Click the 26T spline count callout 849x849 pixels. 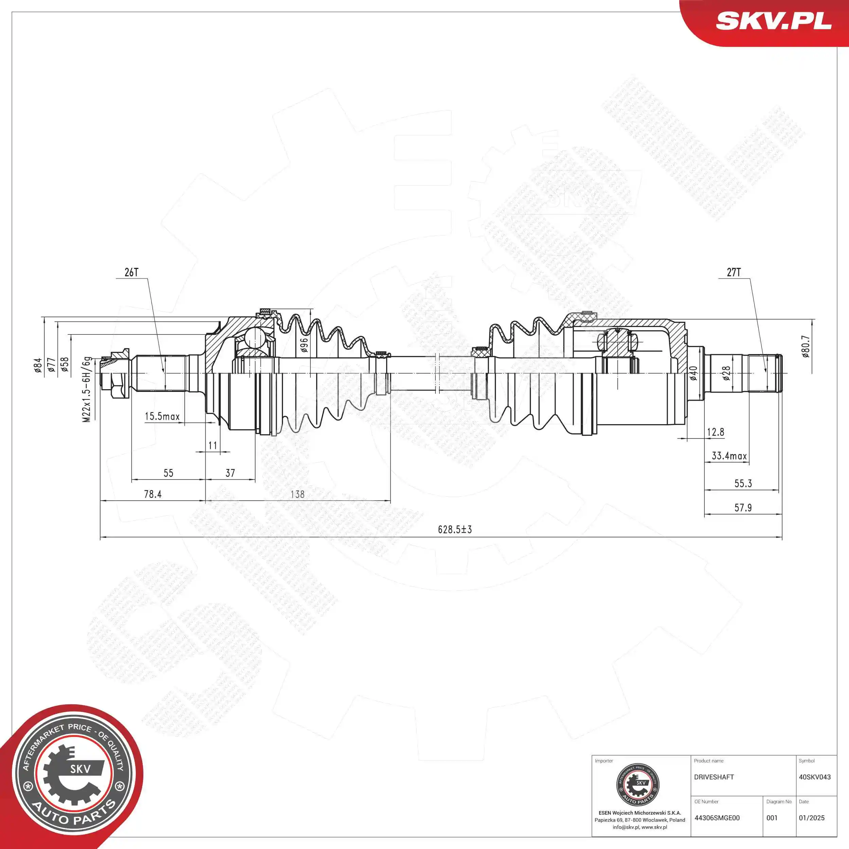pyautogui.click(x=131, y=272)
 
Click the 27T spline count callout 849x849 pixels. pyautogui.click(x=734, y=272)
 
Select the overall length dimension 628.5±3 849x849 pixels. pyautogui.click(x=455, y=529)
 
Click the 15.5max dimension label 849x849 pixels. pyautogui.click(x=162, y=416)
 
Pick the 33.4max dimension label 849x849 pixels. pyautogui.click(x=729, y=456)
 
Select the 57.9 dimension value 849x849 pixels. pyautogui.click(x=743, y=508)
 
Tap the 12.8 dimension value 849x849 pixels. pyautogui.click(x=716, y=432)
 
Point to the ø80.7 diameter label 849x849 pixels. pyautogui.click(x=805, y=347)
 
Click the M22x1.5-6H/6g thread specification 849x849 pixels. pyautogui.click(x=87, y=389)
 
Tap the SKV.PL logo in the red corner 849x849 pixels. pyautogui.click(x=773, y=21)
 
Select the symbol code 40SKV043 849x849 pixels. pyautogui.click(x=815, y=777)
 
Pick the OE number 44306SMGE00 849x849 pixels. pyautogui.click(x=717, y=818)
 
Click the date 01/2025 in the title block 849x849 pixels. pyautogui.click(x=812, y=818)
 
